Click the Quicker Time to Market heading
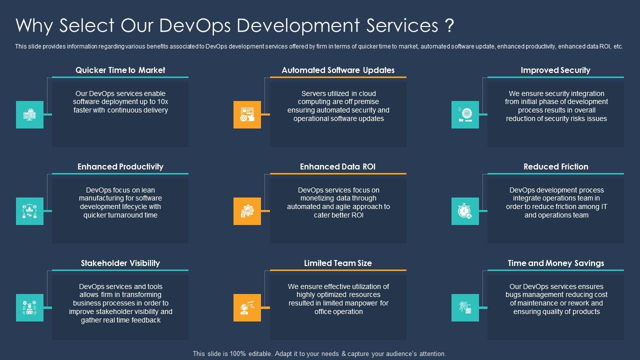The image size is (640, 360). point(120,70)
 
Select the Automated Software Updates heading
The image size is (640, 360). point(338,70)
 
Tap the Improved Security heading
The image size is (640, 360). point(555,70)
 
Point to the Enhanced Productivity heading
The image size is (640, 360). point(120,166)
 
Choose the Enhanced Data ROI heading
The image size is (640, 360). point(337,166)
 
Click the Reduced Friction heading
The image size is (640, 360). point(555,166)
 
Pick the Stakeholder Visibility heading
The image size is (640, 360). point(120,263)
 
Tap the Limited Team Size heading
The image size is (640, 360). point(338,263)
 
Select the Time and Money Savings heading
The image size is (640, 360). point(555,263)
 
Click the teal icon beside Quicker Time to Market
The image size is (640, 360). point(29,114)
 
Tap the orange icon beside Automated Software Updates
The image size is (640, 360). point(247,114)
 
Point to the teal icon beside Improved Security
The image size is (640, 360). point(465,114)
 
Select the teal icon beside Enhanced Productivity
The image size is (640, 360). point(29,211)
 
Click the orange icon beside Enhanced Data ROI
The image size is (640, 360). point(247,211)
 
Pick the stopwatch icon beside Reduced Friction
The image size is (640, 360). point(465,211)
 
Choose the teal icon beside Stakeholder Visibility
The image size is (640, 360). point(29,307)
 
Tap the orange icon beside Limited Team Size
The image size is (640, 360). point(247,307)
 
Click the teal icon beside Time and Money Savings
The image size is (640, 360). point(465,307)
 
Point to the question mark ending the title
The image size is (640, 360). point(449,25)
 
